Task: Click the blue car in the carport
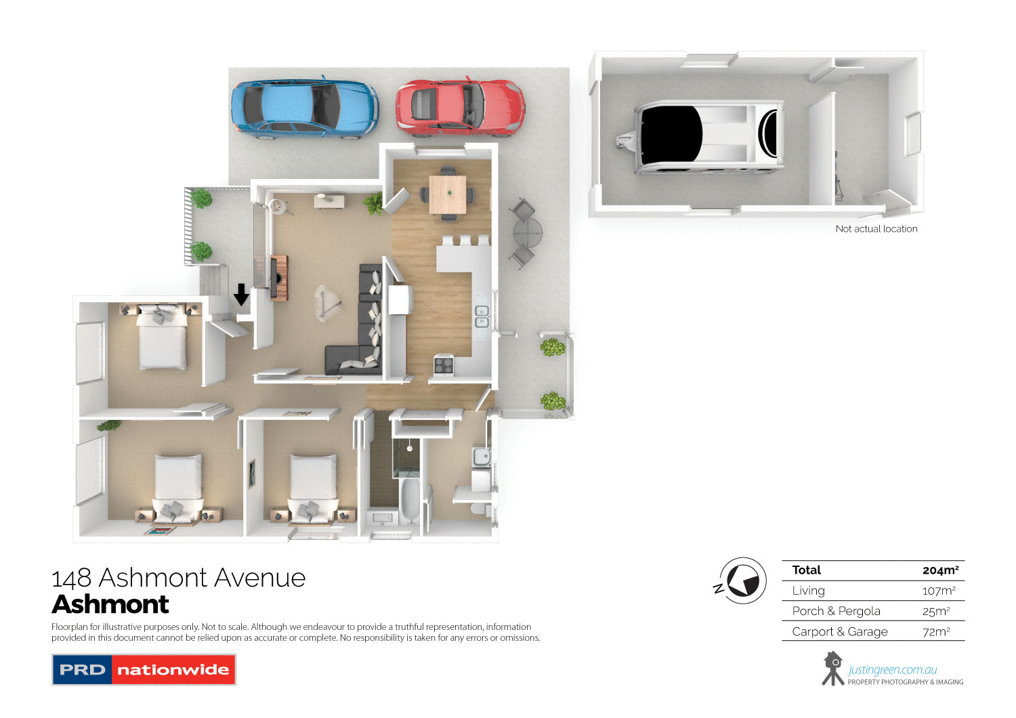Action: click(x=304, y=108)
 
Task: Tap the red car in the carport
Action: click(x=460, y=106)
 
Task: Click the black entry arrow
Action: click(x=241, y=295)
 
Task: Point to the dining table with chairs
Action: click(x=448, y=194)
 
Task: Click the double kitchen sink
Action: click(x=482, y=316)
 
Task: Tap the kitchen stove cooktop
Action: click(x=444, y=364)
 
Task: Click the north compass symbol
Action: click(x=742, y=581)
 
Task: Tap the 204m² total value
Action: click(x=940, y=570)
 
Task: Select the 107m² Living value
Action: click(x=939, y=591)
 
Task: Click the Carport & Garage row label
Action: click(x=840, y=632)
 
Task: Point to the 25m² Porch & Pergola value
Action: click(x=936, y=611)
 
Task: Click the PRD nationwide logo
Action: click(x=144, y=670)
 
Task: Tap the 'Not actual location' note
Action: click(x=876, y=229)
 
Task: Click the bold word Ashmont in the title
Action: click(x=110, y=604)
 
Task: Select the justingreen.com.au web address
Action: click(x=893, y=670)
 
